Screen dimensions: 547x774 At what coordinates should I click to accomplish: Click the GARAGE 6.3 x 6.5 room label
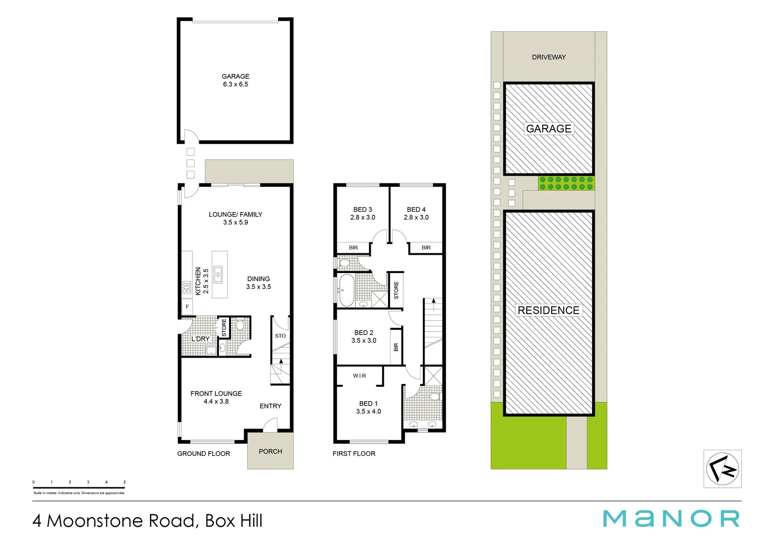click(x=236, y=81)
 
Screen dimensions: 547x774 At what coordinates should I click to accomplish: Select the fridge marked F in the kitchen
click(x=187, y=307)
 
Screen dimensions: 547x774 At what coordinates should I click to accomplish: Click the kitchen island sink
click(x=218, y=274)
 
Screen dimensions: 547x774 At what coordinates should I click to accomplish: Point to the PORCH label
click(x=270, y=451)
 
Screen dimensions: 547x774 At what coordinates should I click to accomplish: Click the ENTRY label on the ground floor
click(x=270, y=406)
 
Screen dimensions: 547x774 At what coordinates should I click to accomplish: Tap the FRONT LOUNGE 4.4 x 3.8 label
click(x=216, y=397)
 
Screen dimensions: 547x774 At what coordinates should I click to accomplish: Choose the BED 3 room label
click(x=363, y=213)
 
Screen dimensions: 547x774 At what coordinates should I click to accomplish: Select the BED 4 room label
click(x=416, y=213)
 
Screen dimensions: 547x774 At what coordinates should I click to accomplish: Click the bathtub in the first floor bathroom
click(x=346, y=290)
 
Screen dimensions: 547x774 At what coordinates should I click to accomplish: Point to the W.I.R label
click(x=360, y=376)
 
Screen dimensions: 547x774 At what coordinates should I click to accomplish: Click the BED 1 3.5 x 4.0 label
click(x=369, y=408)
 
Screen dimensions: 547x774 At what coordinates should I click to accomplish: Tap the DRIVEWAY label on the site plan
click(x=549, y=57)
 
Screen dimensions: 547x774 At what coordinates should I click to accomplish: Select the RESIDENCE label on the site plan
click(x=549, y=310)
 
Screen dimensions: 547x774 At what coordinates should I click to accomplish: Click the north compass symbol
click(x=722, y=469)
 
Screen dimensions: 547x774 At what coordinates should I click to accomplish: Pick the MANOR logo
click(x=671, y=519)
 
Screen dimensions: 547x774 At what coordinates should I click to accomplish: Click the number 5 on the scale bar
click(x=125, y=482)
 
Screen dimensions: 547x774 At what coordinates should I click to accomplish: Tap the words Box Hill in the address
click(x=234, y=521)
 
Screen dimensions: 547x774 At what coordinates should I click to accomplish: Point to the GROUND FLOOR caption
click(x=204, y=454)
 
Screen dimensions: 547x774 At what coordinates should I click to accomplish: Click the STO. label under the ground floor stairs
click(x=281, y=336)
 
